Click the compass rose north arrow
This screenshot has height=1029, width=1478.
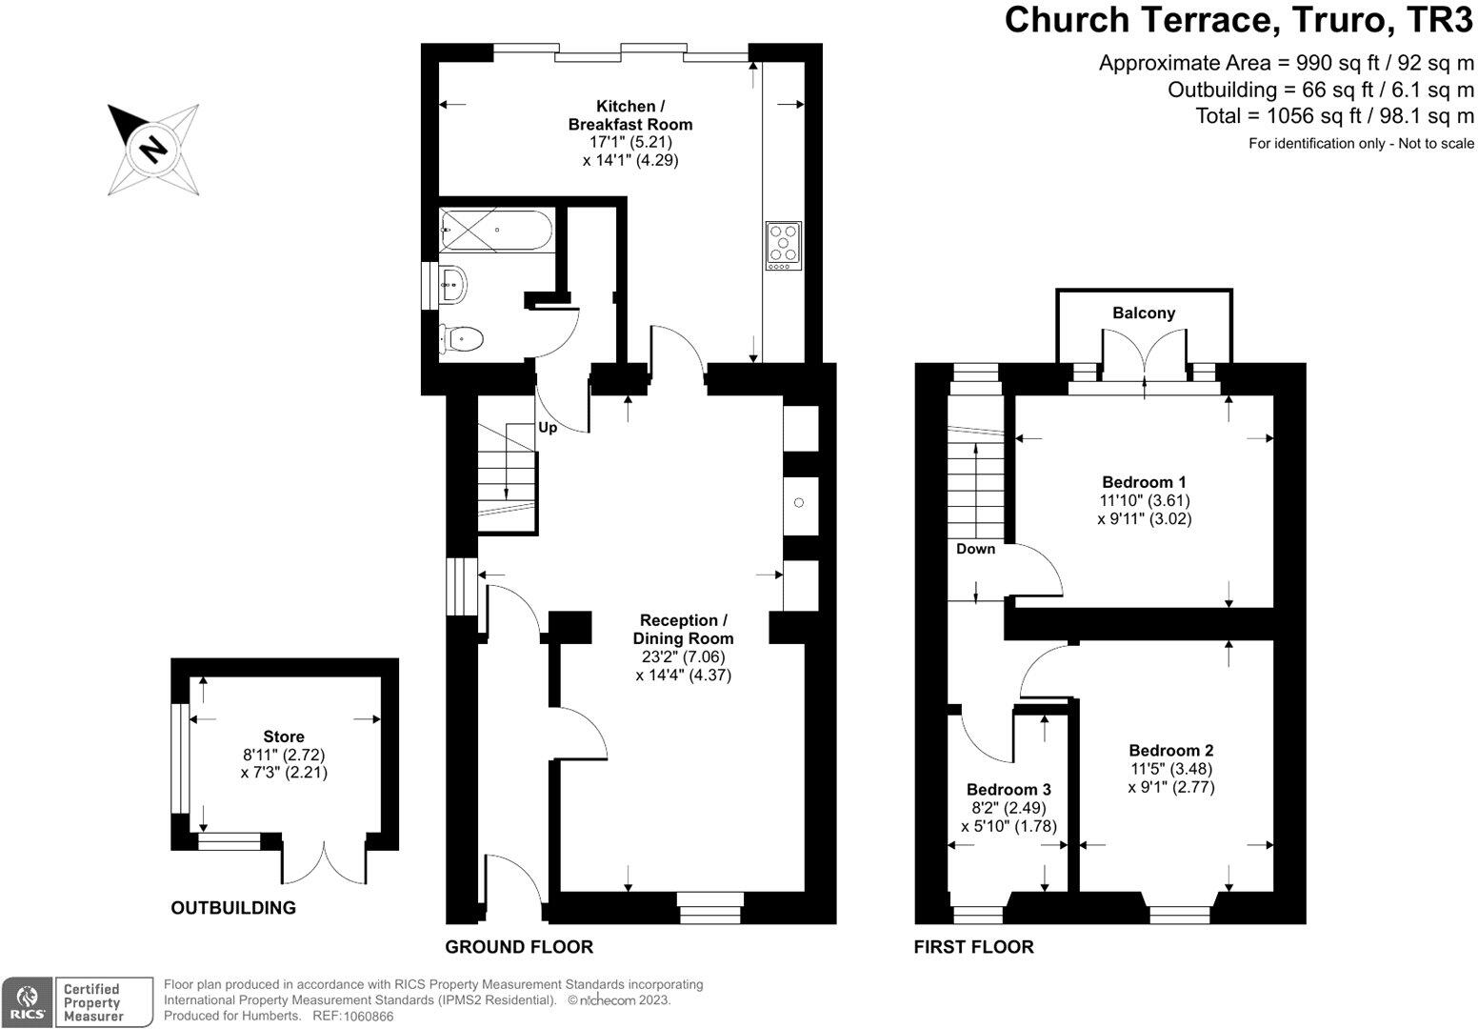pyautogui.click(x=152, y=150)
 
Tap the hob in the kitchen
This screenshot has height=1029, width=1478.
pyautogui.click(x=783, y=246)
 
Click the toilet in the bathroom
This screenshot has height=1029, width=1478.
pyautogui.click(x=462, y=337)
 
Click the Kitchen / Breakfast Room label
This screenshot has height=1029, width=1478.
pyautogui.click(x=629, y=115)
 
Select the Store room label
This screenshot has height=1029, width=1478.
pyautogui.click(x=284, y=736)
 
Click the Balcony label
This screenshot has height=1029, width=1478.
pyautogui.click(x=1144, y=313)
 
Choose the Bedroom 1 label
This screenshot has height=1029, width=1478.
pyautogui.click(x=1144, y=482)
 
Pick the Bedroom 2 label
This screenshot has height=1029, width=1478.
pyautogui.click(x=1170, y=751)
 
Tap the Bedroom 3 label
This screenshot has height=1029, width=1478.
pyautogui.click(x=1009, y=790)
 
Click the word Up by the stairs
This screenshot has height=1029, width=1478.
pyautogui.click(x=548, y=428)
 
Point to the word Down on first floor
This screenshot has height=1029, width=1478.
pyautogui.click(x=976, y=549)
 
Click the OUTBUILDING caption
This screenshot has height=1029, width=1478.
pyautogui.click(x=233, y=908)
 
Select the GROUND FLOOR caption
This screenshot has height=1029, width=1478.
pyautogui.click(x=519, y=947)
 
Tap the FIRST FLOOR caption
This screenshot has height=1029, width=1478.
pyautogui.click(x=973, y=947)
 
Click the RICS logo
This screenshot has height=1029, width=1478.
pyautogui.click(x=26, y=1001)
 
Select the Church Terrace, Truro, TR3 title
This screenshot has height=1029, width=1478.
pyautogui.click(x=1239, y=20)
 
